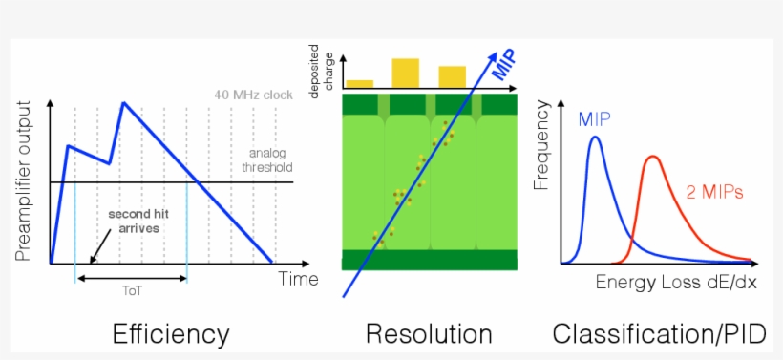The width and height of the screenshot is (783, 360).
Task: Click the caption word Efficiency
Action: [x=171, y=333]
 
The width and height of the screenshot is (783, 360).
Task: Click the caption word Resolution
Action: [x=429, y=333]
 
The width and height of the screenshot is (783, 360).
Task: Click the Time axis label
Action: [x=298, y=279]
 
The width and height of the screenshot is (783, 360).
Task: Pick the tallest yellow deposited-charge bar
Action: [x=406, y=73]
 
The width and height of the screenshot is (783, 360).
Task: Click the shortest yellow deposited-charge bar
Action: [x=359, y=84]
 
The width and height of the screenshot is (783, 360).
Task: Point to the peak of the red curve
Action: [x=653, y=157]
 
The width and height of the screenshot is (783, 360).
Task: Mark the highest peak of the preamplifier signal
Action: [x=123, y=101]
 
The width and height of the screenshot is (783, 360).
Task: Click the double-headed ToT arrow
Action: [x=132, y=278]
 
